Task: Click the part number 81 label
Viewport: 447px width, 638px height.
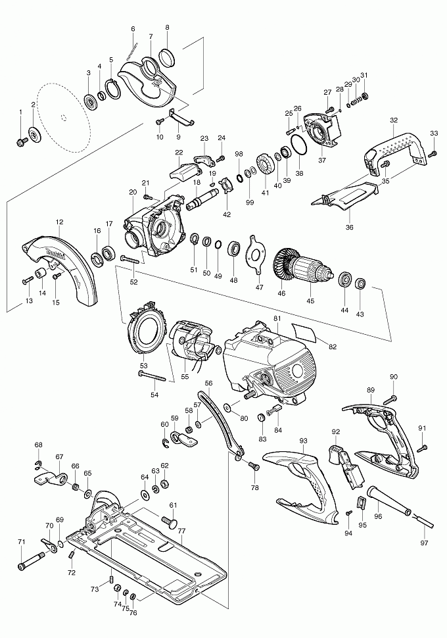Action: [277, 318]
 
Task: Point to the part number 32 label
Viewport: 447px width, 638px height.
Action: [394, 120]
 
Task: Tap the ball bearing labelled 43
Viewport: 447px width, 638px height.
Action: [360, 285]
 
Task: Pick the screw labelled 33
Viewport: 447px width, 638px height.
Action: [433, 154]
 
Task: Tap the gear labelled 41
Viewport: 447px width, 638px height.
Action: [266, 164]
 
